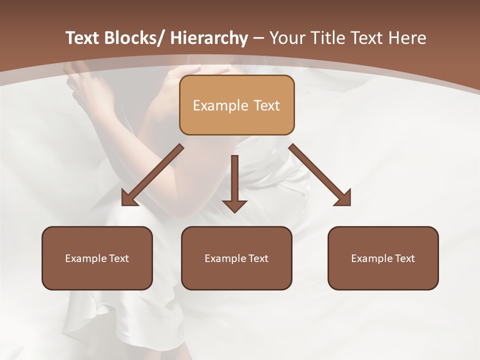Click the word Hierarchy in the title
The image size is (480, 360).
tap(209, 38)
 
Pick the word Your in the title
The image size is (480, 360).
tap(287, 38)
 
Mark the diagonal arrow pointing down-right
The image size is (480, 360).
tap(320, 175)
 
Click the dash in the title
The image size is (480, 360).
tap(258, 38)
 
